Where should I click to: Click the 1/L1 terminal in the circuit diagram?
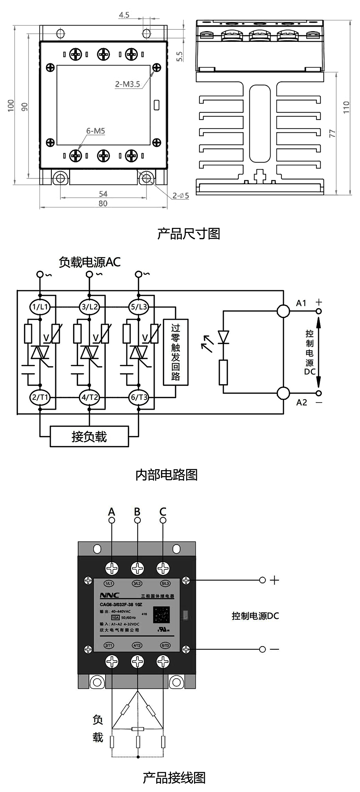click(x=40, y=307)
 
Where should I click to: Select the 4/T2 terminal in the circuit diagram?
click(x=89, y=397)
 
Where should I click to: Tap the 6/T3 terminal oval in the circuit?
click(x=139, y=397)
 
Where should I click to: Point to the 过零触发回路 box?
click(x=176, y=352)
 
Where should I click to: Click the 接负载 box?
click(x=89, y=437)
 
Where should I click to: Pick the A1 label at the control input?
click(x=301, y=303)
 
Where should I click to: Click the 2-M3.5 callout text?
click(x=127, y=84)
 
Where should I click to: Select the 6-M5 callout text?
click(x=95, y=131)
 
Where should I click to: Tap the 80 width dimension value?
click(x=103, y=203)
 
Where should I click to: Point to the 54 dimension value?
click(x=103, y=194)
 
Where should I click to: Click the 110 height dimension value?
click(x=346, y=107)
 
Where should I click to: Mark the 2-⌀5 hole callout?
click(x=180, y=196)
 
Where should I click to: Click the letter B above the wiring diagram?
click(x=137, y=512)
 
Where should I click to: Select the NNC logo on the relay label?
click(x=109, y=595)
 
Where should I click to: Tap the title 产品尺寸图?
click(x=188, y=234)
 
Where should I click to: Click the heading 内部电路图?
click(x=166, y=475)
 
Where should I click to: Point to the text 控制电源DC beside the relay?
click(x=255, y=616)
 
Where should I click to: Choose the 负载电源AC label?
click(x=90, y=262)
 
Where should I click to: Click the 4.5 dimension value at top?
click(x=124, y=15)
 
